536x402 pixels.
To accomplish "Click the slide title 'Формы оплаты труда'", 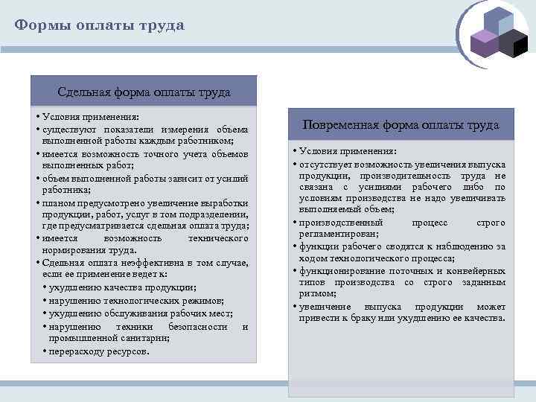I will pos(100,25).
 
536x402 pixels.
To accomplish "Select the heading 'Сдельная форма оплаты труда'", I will pos(144,92).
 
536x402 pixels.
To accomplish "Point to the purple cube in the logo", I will pos(485,44).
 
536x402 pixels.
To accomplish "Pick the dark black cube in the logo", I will pos(513,44).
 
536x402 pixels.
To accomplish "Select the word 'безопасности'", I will pos(198,326).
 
